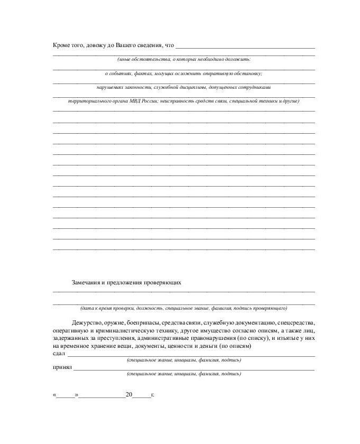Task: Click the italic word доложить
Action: pos(239,60)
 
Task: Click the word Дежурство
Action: pos(88,322)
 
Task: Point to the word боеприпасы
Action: pos(144,322)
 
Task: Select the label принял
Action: pos(62,367)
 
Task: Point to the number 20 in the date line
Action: pos(128,394)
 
